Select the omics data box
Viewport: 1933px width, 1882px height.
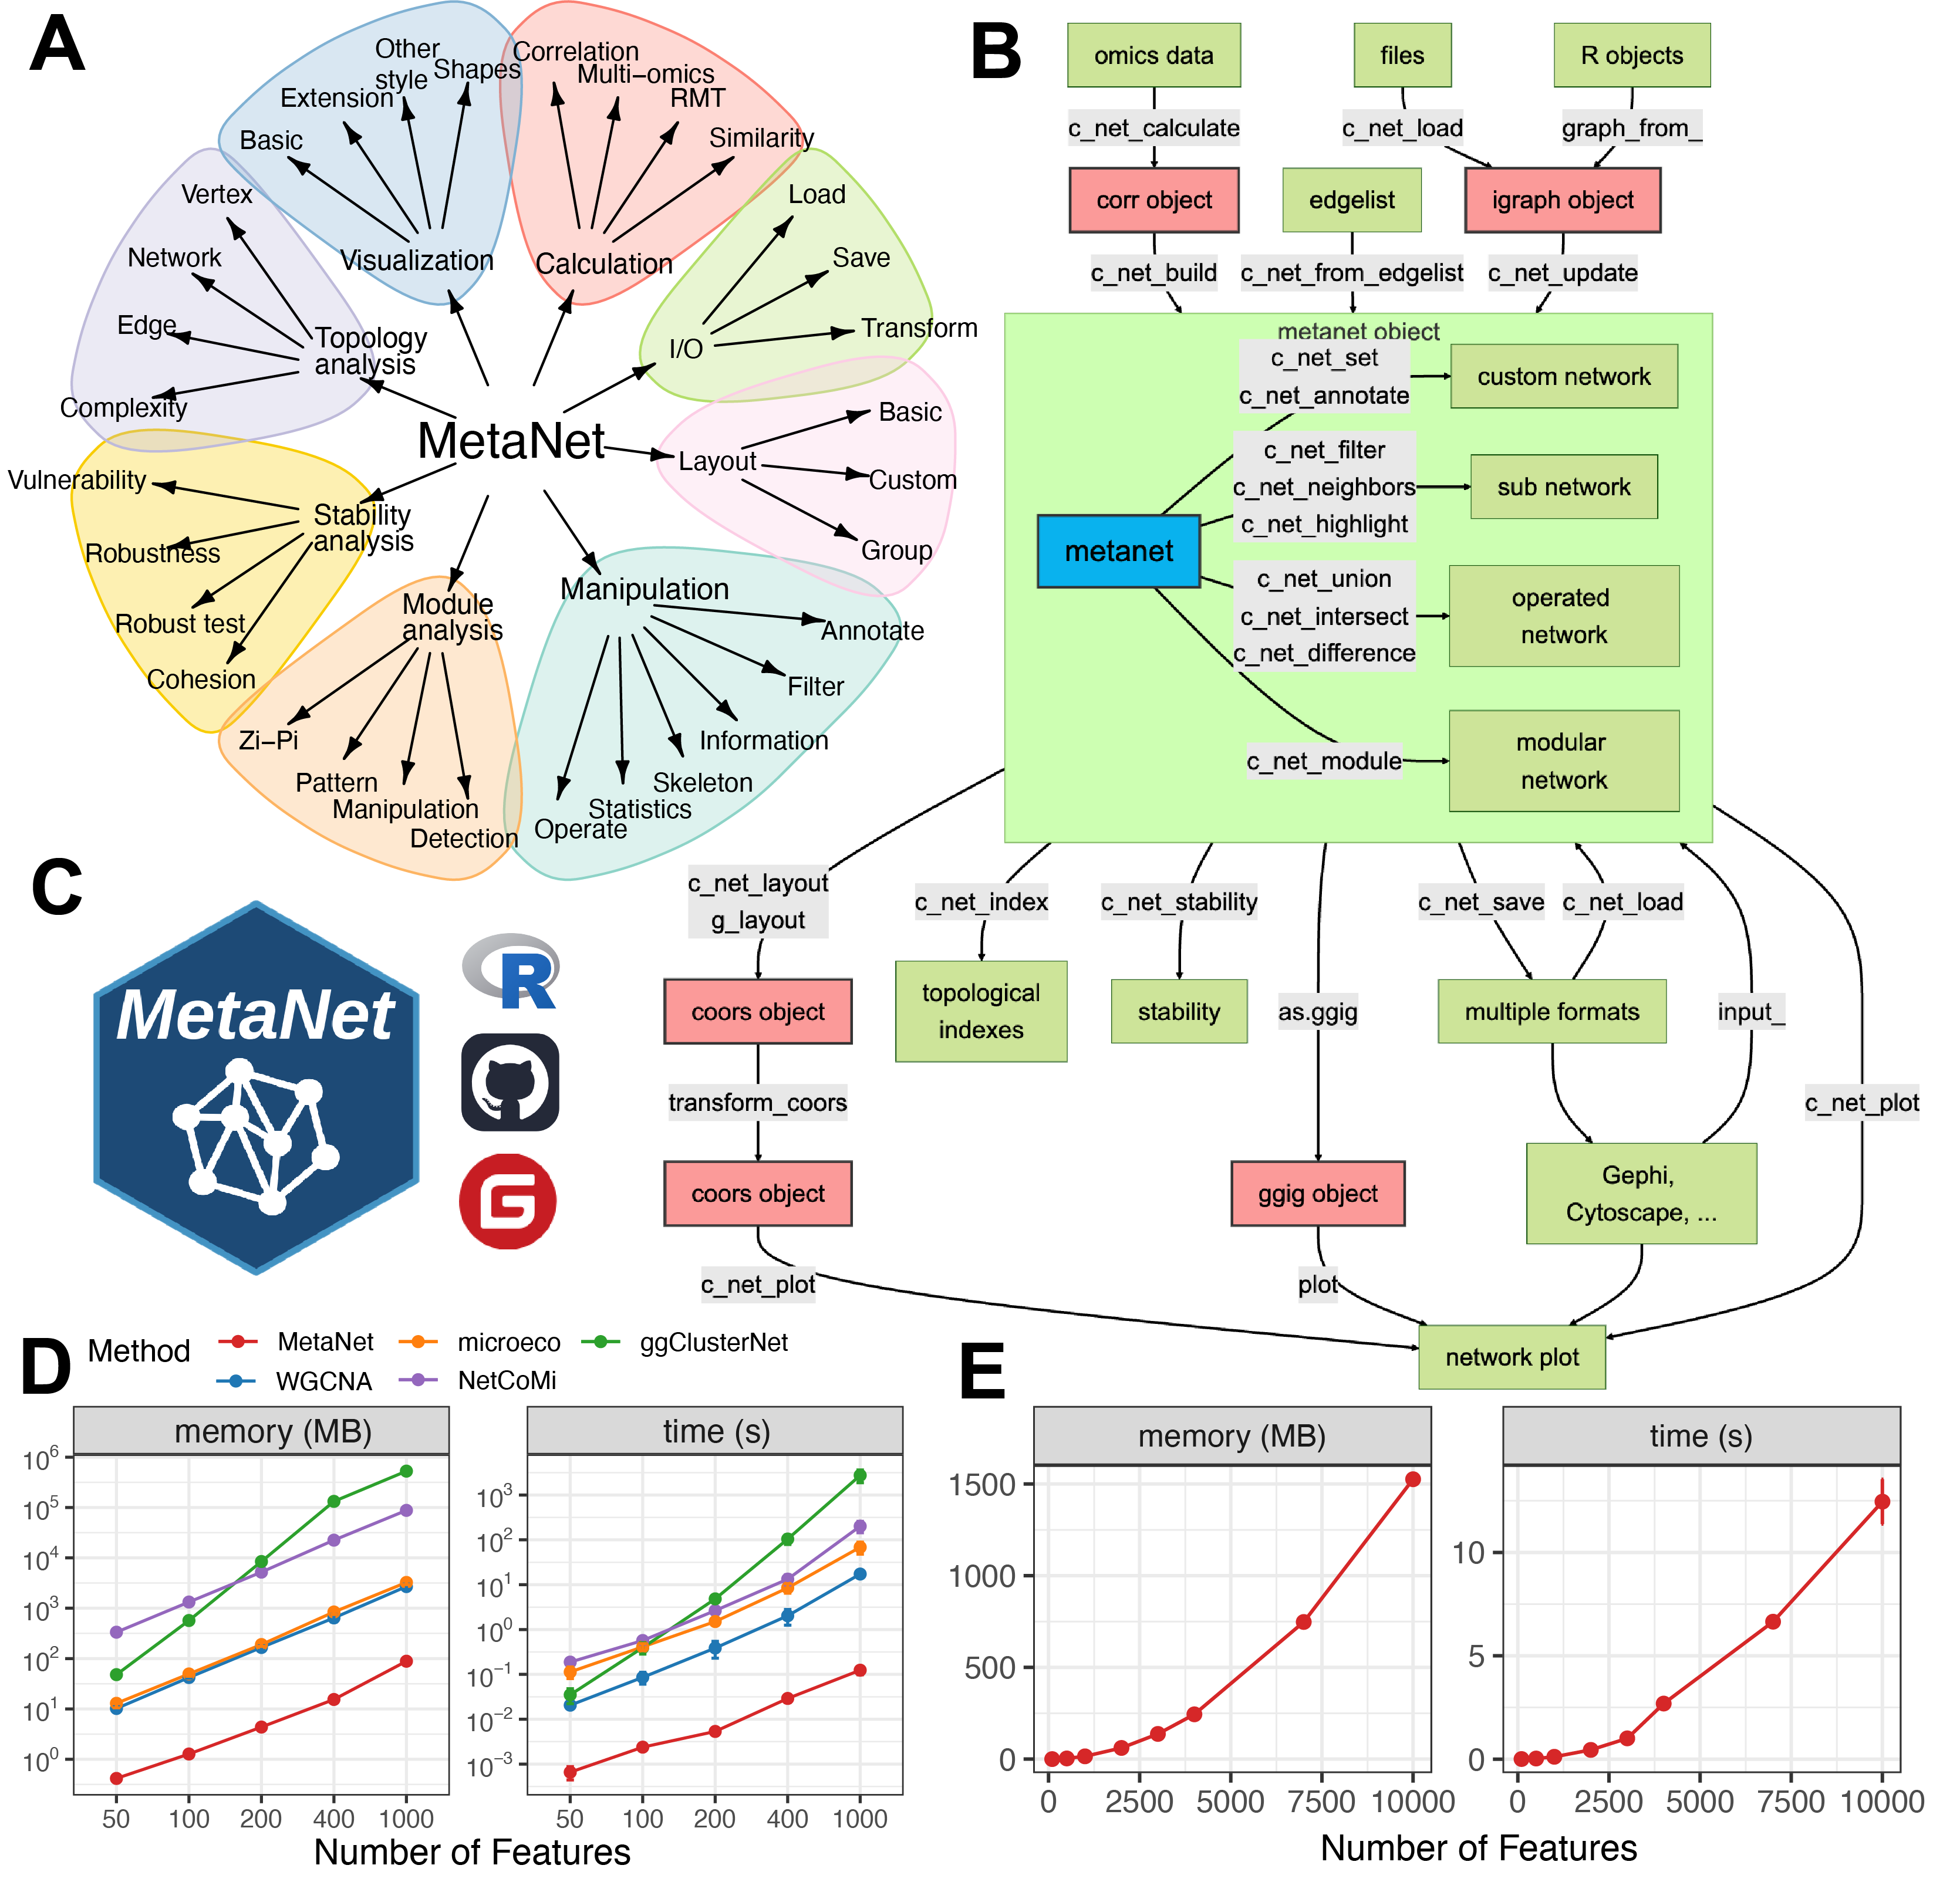tap(1154, 55)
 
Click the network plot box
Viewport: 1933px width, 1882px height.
tap(1512, 1357)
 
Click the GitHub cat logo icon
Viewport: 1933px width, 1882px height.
tap(510, 1082)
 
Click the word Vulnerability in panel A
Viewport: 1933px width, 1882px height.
tap(77, 481)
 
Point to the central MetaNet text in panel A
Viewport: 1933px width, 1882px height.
tap(511, 441)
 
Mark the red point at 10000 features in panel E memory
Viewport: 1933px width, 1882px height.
tap(1413, 1479)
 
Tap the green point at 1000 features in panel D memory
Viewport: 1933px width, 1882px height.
tap(406, 1471)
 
